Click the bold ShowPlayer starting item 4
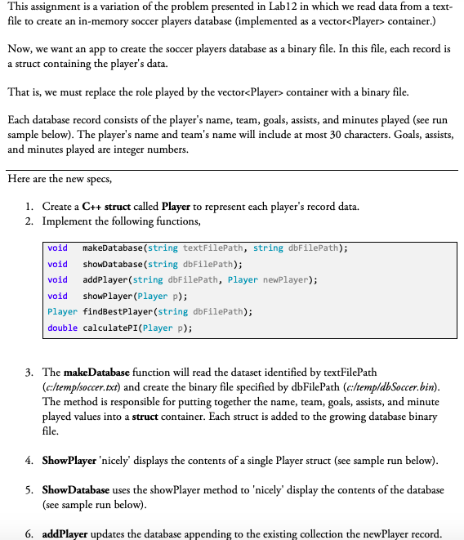pos(69,460)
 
